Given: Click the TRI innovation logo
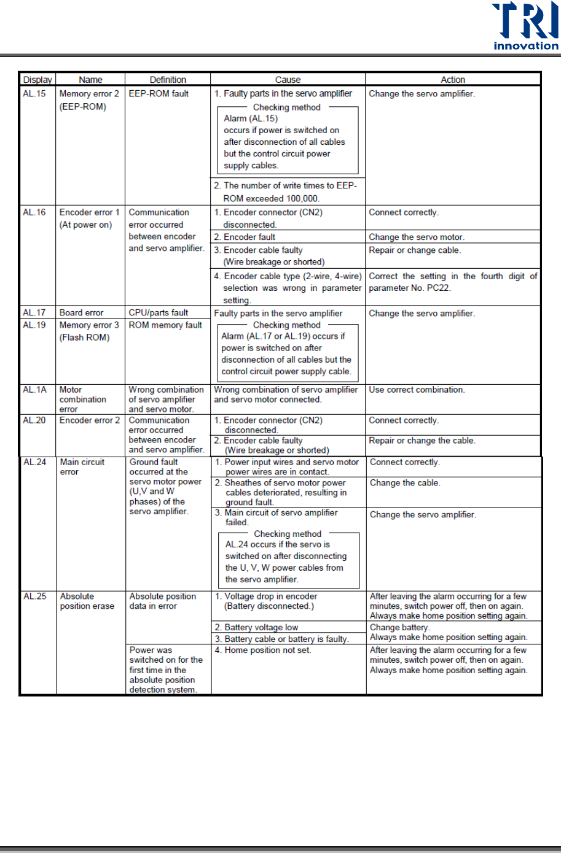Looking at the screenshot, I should point(525,26).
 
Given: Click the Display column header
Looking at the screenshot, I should point(37,80).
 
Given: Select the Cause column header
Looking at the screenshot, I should point(288,80).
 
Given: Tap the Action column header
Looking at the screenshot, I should point(453,80).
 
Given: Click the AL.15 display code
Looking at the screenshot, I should point(34,94).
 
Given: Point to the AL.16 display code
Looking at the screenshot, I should point(34,212).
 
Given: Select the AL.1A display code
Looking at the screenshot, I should point(34,390).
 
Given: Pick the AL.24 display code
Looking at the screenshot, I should point(35,462).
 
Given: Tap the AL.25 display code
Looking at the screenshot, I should point(35,596).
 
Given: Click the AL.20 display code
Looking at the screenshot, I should point(34,420).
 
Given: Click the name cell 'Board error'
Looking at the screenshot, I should point(81,313).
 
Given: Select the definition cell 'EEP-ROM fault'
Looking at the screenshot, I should point(159,94).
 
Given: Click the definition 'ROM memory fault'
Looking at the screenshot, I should point(165,325).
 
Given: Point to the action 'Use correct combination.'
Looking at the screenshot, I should point(417,390).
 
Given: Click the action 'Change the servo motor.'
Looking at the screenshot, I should point(417,237).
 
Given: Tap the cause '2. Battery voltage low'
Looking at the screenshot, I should point(256,627).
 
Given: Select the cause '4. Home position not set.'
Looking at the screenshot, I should point(263,650).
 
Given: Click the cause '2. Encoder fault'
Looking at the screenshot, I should point(245,237).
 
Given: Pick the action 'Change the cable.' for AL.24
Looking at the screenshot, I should point(405,483).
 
